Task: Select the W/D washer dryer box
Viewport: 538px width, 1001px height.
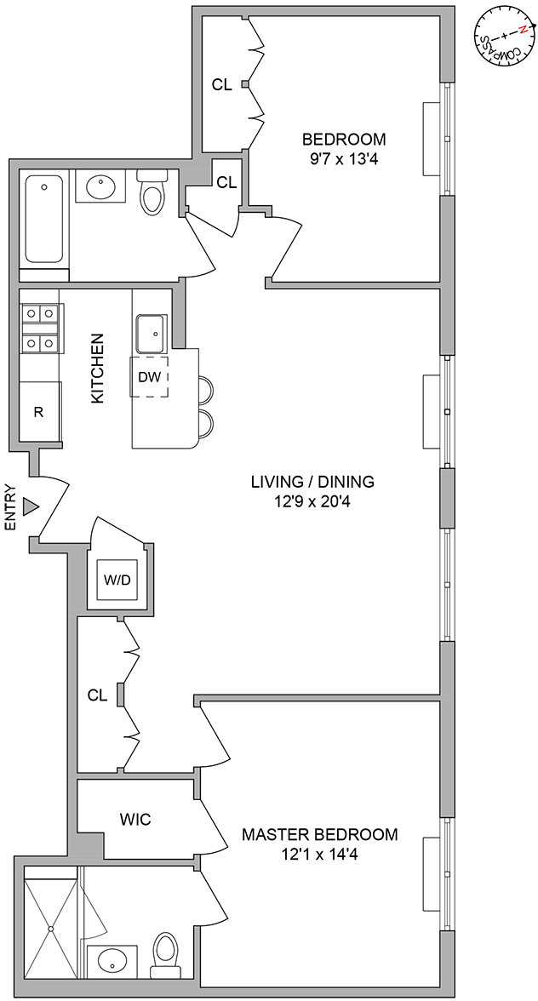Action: tap(117, 581)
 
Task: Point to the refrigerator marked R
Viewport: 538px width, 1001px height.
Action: tap(40, 411)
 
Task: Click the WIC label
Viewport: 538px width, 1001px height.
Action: tap(135, 820)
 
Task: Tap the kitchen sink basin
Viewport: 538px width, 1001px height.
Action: tap(152, 333)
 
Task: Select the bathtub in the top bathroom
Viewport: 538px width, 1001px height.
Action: tap(44, 219)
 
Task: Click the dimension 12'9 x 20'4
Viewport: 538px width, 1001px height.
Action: tap(312, 502)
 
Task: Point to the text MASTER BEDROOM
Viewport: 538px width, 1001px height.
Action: tap(319, 834)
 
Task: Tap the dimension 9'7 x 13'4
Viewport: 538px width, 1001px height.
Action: tap(344, 159)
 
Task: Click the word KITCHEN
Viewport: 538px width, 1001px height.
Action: tap(97, 368)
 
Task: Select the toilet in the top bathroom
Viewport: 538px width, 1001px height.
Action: tap(152, 192)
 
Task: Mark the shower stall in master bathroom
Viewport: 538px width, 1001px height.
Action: tap(50, 923)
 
